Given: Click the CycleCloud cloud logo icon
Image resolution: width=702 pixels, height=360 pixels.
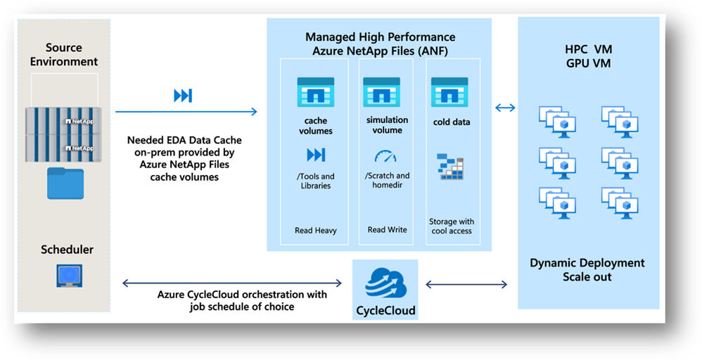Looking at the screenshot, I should tap(384, 284).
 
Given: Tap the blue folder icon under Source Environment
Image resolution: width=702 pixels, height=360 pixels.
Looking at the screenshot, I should tap(65, 184).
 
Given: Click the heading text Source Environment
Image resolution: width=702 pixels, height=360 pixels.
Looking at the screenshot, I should tap(64, 55).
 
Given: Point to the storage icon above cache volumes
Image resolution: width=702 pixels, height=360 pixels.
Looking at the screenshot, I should tap(316, 92).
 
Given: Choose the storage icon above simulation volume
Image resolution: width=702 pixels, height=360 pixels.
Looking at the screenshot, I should tap(381, 92).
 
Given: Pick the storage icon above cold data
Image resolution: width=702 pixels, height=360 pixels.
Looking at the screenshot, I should tap(449, 92).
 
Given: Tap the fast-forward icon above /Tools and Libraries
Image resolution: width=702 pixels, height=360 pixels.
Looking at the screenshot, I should tap(316, 155).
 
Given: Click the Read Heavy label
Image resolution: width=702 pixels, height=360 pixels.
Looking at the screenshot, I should tap(316, 230).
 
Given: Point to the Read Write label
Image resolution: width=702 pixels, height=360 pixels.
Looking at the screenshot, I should tap(387, 230).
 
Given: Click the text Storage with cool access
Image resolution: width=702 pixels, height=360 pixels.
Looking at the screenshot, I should tap(451, 226).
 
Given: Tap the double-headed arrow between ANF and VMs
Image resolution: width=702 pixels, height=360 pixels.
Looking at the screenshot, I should tap(505, 108).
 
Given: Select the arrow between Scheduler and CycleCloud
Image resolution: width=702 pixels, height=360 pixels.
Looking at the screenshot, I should tap(232, 284).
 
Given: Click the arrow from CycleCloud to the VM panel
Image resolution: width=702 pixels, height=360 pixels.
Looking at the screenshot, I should tap(466, 285).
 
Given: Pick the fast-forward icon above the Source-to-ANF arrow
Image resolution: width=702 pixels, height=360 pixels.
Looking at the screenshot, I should tap(183, 96).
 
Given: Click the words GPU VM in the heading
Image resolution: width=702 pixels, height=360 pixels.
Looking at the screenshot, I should tap(589, 63).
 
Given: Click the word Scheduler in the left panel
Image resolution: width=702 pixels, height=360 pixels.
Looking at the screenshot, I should tap(68, 250).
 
